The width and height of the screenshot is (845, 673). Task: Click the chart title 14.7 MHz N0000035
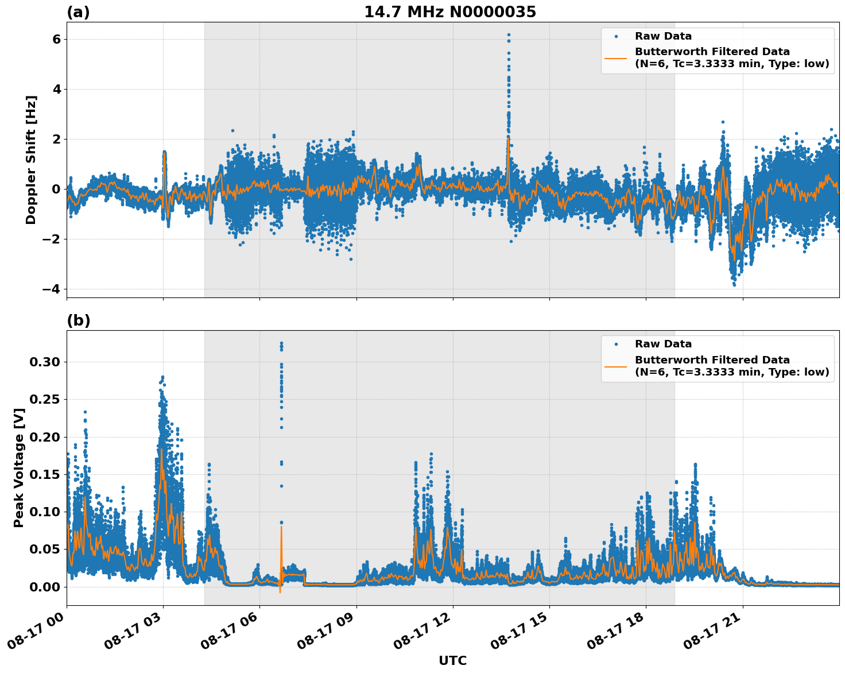[450, 12]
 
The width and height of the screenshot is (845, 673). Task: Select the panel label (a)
[78, 12]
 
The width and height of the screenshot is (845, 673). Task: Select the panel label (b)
[78, 320]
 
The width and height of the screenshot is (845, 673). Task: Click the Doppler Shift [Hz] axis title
[31, 160]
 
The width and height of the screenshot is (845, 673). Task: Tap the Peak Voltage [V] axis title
[19, 468]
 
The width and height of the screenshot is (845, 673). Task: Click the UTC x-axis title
[452, 660]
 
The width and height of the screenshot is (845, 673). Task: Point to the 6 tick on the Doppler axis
[56, 39]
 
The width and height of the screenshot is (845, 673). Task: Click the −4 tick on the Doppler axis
[51, 289]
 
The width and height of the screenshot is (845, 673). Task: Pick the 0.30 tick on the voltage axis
[44, 362]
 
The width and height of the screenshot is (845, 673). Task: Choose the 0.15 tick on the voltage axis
[44, 474]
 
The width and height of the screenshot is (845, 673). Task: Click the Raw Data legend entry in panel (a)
[663, 36]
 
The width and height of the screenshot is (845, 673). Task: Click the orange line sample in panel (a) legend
[615, 57]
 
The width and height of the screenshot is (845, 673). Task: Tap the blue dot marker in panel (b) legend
[615, 344]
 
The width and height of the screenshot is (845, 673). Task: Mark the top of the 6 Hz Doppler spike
[509, 35]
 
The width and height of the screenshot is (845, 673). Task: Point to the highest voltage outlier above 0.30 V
[281, 343]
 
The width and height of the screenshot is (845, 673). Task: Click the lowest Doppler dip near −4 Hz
[734, 284]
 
